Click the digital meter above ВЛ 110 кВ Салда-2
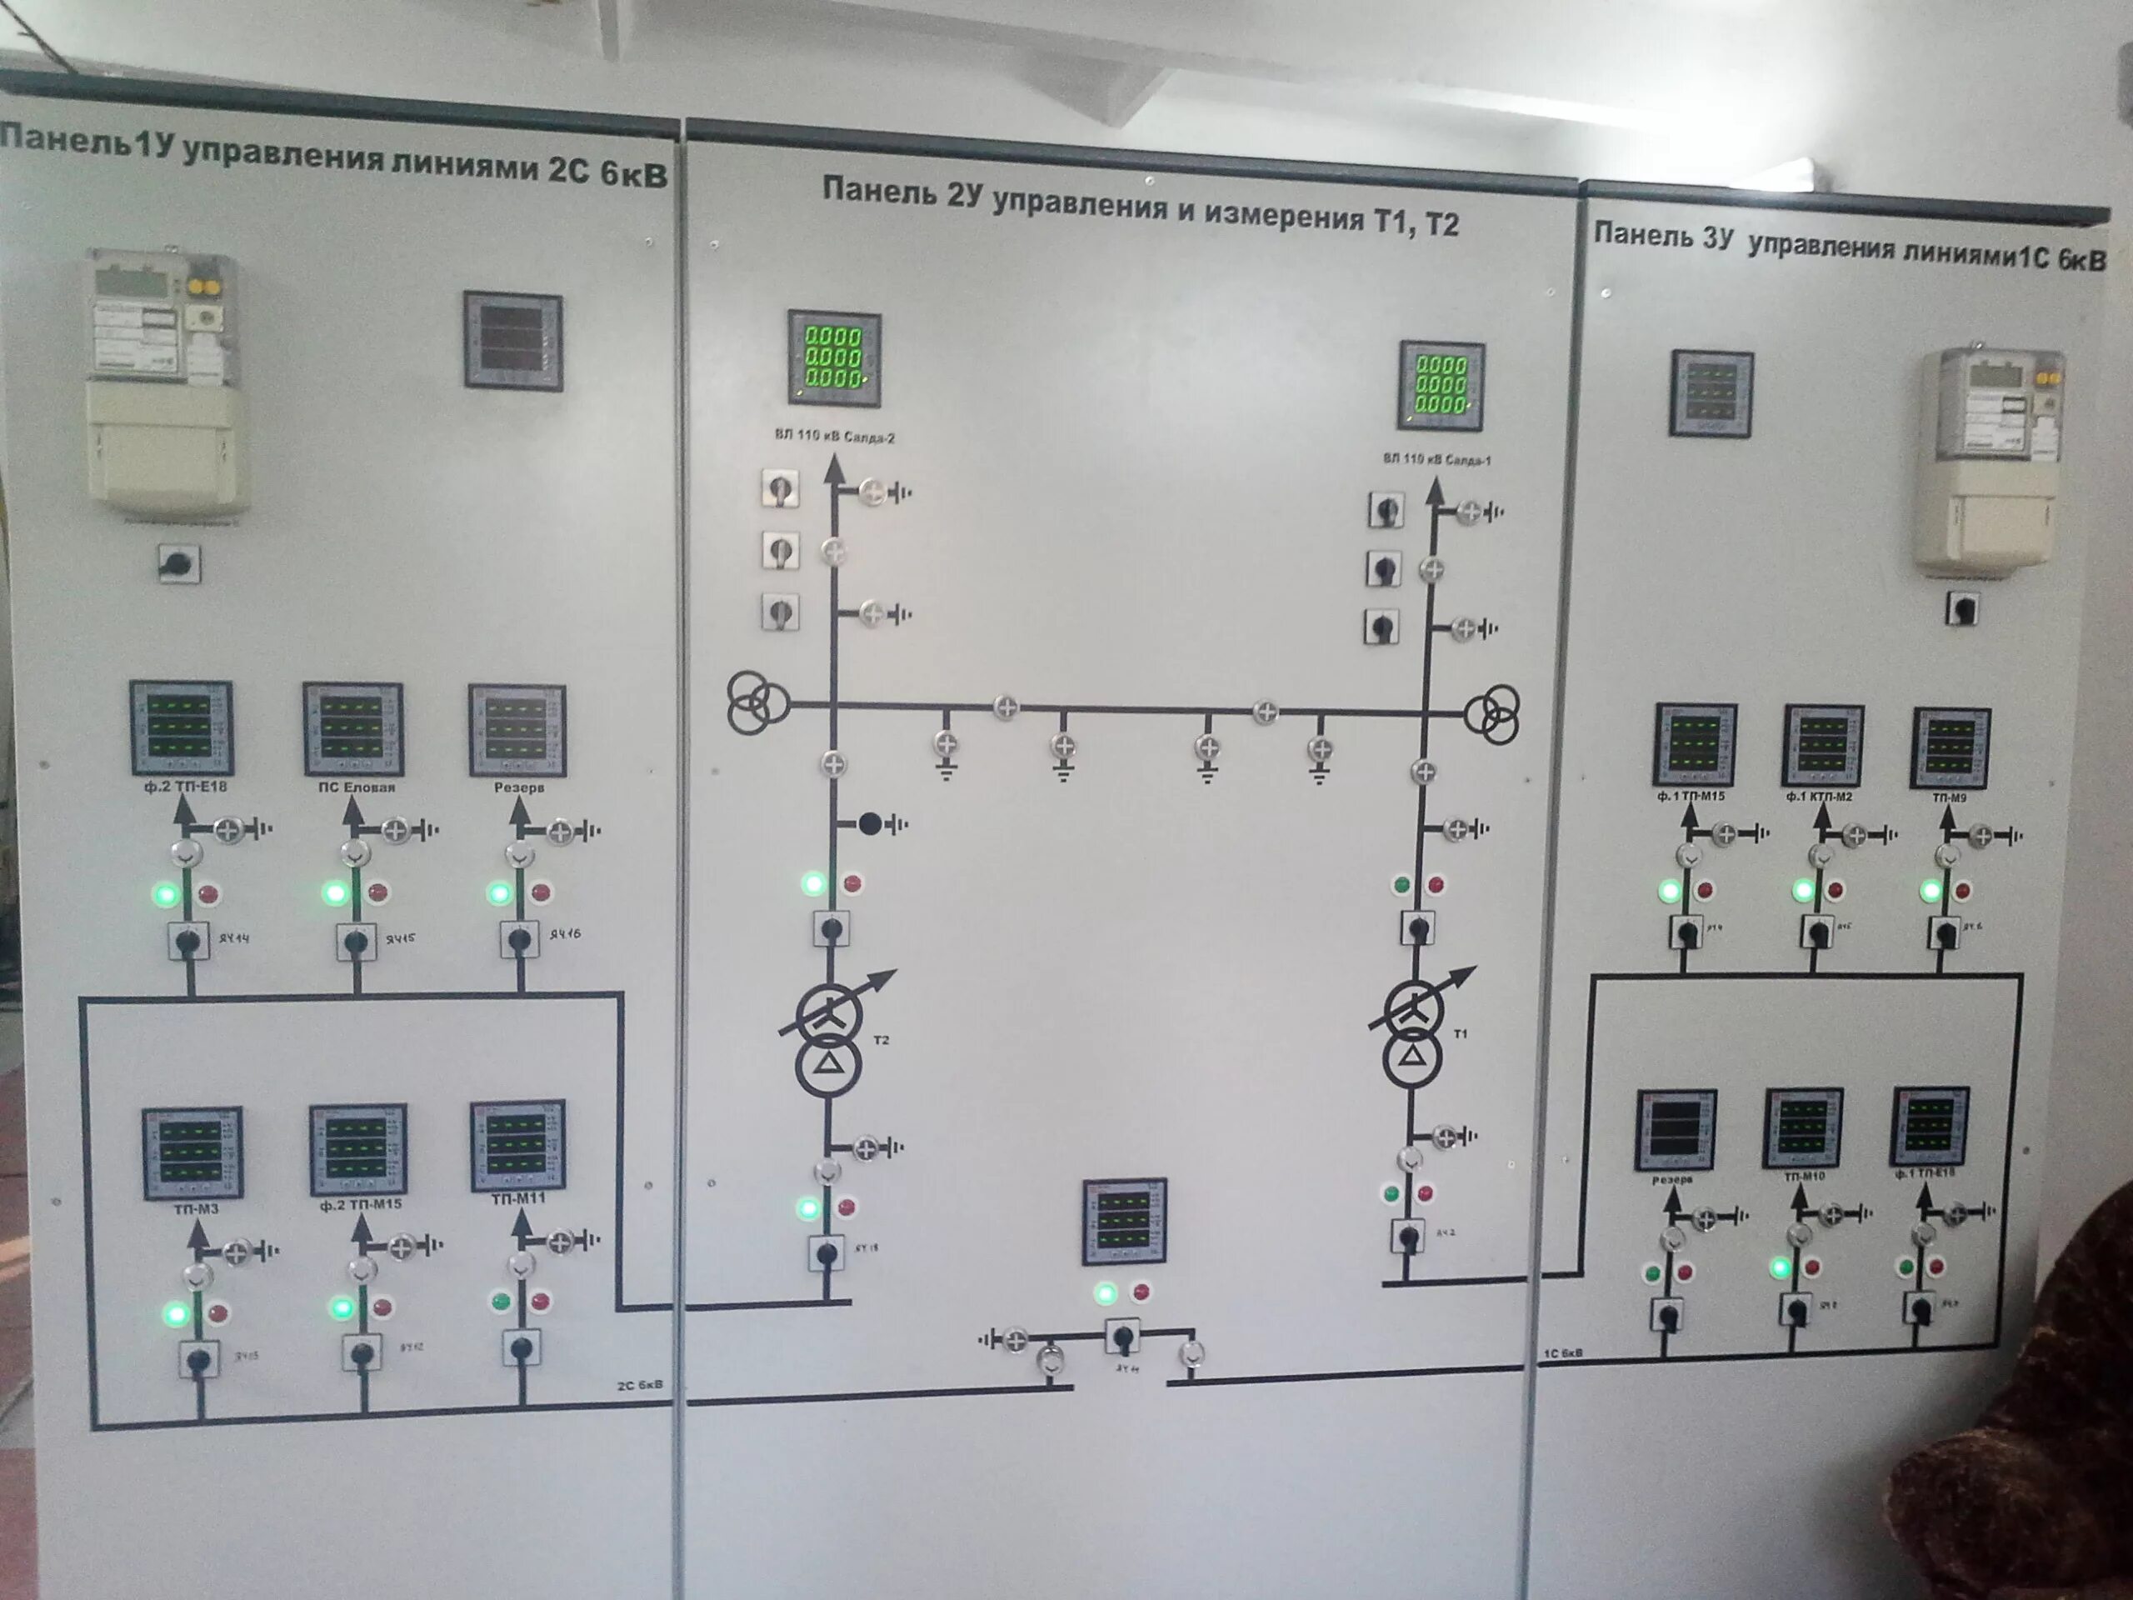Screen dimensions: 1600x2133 tap(834, 357)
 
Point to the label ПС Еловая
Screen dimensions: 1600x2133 tap(356, 787)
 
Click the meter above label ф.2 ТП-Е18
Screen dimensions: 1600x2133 tap(182, 729)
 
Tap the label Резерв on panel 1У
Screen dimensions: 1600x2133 tap(519, 787)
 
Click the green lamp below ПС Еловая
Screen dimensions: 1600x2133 tap(335, 893)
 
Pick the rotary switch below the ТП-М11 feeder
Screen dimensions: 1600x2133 tap(521, 1347)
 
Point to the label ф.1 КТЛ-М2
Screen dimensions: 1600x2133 tap(1819, 797)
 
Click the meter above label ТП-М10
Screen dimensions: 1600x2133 tap(1803, 1127)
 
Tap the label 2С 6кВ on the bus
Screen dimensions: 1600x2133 tap(639, 1385)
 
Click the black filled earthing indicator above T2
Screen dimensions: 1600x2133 tap(870, 823)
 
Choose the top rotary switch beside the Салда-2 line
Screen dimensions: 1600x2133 tap(779, 490)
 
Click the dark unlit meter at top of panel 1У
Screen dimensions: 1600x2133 tap(513, 341)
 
